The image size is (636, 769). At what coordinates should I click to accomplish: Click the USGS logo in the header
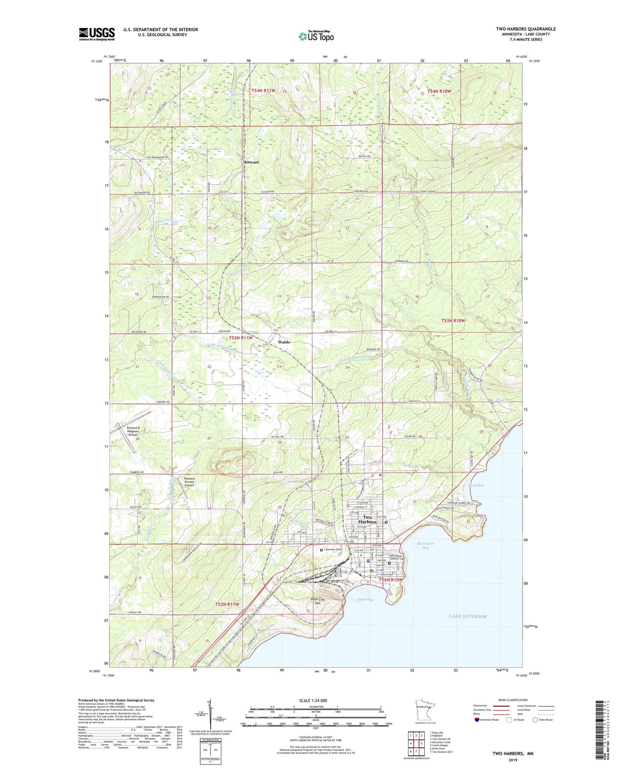[97, 34]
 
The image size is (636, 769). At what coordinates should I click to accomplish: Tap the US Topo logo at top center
[316, 36]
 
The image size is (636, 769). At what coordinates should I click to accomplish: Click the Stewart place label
[251, 162]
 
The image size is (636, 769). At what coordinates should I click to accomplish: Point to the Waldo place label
[284, 342]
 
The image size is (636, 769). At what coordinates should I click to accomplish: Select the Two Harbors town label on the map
[367, 519]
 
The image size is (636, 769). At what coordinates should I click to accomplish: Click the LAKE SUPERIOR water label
[467, 616]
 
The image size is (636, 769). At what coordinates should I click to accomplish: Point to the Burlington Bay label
[425, 545]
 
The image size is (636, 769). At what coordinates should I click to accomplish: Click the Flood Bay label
[475, 485]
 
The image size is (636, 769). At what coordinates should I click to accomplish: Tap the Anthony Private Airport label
[189, 482]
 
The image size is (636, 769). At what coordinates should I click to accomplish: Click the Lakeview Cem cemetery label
[333, 550]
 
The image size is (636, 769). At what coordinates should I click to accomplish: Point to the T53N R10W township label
[453, 321]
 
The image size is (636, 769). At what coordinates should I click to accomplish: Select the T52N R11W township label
[227, 604]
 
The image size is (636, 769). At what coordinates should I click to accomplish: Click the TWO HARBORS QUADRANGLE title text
[526, 29]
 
